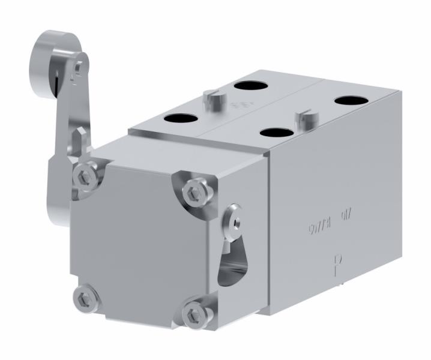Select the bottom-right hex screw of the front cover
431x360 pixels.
(x=193, y=313)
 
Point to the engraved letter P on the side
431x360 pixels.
(x=337, y=264)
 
